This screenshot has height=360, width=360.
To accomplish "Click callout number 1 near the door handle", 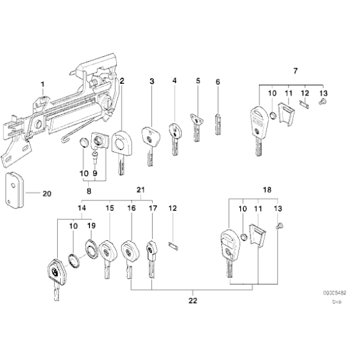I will pos(43,84).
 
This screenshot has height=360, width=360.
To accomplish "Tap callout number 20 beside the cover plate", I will pos(47,193).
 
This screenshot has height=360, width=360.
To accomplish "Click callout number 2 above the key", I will pos(122,81).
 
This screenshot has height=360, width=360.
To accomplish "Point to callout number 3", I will pos(151,81).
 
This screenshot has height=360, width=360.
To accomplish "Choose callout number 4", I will pos(174,81).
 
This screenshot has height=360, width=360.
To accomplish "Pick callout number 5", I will pos(197,81).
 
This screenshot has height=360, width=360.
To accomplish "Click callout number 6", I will pos(218,81).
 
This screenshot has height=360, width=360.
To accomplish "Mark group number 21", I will pos(140,188).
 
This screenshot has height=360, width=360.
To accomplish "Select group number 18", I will pos(267,188).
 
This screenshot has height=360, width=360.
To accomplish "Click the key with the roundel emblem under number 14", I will pos(55,274).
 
